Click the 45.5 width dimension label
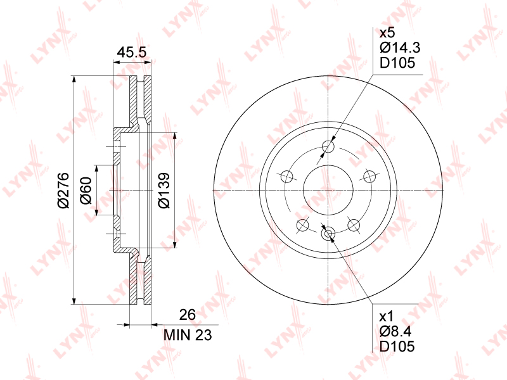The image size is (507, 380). click(x=132, y=52)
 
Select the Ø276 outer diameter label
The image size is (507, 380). click(x=63, y=190)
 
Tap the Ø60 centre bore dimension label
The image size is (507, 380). click(x=86, y=191)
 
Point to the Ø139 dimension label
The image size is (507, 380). click(x=164, y=191)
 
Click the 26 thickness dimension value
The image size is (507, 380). click(x=188, y=314)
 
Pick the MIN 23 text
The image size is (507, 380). click(x=188, y=335)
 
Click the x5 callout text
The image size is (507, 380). click(x=387, y=33)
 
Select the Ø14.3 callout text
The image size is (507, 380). click(x=400, y=48)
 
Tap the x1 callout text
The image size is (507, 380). click(x=386, y=316)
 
